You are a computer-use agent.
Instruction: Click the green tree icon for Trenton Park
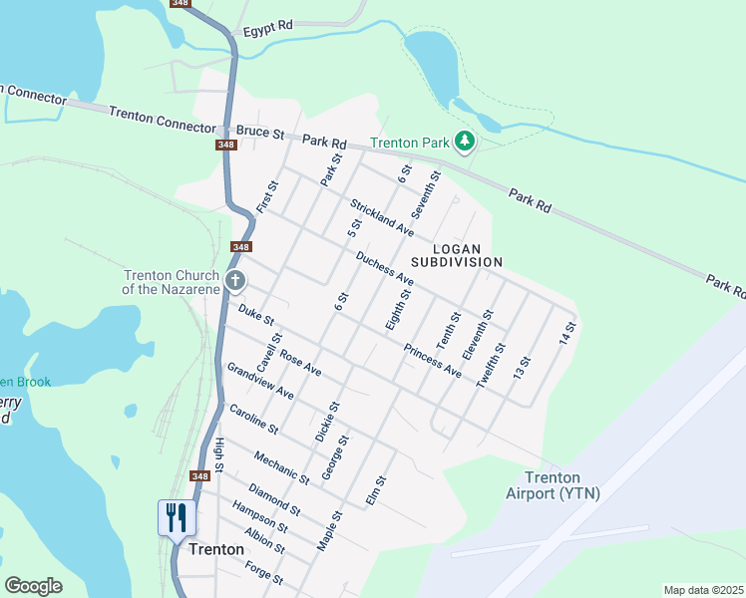[x=464, y=143]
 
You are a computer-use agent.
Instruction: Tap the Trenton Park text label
[x=410, y=144]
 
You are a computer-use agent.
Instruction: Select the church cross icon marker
[x=235, y=280]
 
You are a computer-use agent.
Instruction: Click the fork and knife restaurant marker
[x=177, y=517]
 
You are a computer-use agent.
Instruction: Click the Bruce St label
[x=260, y=132]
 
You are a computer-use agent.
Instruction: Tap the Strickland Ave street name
[x=381, y=217]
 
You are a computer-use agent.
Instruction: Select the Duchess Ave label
[x=384, y=267]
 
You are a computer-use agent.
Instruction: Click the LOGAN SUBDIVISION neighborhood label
[x=467, y=254]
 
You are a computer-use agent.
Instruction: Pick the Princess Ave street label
[x=433, y=361]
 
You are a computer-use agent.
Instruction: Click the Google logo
[x=33, y=586]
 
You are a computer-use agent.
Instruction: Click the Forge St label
[x=264, y=573]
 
